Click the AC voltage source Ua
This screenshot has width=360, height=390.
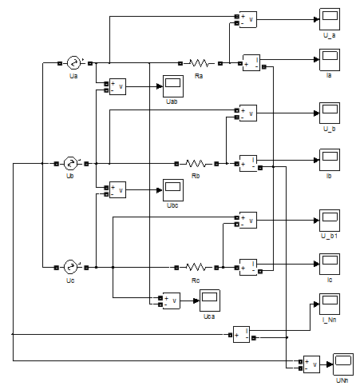73,63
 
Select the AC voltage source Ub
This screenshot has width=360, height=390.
70,163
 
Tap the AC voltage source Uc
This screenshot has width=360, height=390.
70,267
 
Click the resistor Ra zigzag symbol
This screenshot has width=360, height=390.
199,63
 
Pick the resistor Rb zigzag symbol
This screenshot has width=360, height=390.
196,163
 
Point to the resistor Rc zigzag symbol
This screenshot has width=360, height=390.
196,267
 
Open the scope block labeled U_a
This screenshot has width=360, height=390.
330,19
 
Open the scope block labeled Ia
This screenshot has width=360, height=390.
330,60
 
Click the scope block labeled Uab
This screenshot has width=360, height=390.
173,86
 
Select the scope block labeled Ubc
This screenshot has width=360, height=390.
173,190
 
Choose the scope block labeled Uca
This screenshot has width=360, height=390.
210,300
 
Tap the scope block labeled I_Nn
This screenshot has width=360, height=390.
330,304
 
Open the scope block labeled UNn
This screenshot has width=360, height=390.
343,364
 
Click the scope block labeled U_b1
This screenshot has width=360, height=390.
330,221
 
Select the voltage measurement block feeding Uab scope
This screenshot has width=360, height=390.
117,86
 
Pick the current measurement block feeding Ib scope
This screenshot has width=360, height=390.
248,163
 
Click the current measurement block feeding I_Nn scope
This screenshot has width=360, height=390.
241,334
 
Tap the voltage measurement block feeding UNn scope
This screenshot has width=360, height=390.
311,364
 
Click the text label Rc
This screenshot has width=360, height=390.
196,281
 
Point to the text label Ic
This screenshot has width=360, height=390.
330,280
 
